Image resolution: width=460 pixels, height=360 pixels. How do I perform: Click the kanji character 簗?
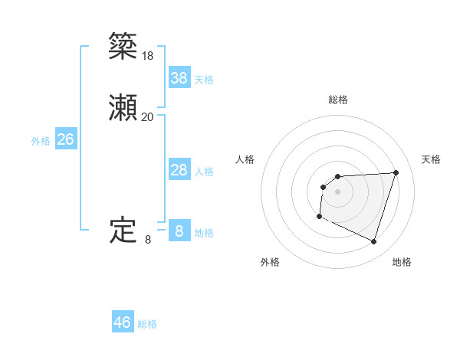(x=123, y=47)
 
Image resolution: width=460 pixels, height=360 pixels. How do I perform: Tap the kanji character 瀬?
(x=123, y=110)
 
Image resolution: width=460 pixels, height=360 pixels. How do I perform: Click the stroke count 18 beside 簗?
(x=148, y=56)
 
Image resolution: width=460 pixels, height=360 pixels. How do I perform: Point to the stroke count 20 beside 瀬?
(x=148, y=117)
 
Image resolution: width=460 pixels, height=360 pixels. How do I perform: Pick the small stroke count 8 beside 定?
(x=148, y=240)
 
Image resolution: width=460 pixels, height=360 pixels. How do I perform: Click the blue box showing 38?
(x=179, y=77)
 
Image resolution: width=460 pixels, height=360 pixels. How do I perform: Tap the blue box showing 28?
(x=179, y=170)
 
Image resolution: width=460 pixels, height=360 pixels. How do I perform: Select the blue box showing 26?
(x=66, y=139)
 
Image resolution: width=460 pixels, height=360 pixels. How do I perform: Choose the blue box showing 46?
(x=123, y=322)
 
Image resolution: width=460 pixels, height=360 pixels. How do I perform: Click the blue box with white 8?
(x=179, y=231)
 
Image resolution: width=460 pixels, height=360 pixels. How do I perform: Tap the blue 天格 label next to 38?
(x=204, y=80)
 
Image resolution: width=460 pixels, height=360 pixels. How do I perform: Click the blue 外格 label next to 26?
(x=41, y=142)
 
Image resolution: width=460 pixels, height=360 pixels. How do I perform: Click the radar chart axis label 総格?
(x=338, y=100)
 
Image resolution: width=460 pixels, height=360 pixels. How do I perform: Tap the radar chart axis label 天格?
(x=432, y=159)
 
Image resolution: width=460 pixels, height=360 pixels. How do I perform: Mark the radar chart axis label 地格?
(x=402, y=262)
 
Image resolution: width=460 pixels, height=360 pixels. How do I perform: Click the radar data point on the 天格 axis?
(x=396, y=172)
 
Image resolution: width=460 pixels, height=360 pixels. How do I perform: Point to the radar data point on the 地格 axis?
(x=373, y=242)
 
